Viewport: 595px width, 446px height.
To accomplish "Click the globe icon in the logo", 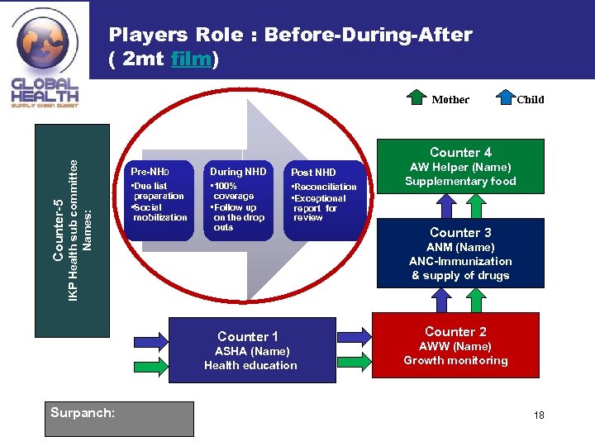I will [x=44, y=45].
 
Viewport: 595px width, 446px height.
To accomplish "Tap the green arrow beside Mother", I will [x=419, y=98].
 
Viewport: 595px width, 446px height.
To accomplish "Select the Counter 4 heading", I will [x=460, y=152].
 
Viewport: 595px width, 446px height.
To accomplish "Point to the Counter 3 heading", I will [x=460, y=233].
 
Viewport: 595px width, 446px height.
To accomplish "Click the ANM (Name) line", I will [x=460, y=248].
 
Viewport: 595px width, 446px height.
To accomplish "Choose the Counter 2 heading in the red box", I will [x=455, y=331].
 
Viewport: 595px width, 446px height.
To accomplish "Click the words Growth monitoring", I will [x=455, y=360].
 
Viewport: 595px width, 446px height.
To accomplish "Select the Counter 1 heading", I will [x=248, y=336].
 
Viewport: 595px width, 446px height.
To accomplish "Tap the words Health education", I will [x=250, y=365].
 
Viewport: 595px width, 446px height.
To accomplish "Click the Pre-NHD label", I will [x=148, y=172].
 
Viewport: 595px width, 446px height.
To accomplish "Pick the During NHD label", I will [x=238, y=172].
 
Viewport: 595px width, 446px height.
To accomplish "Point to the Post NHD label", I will [x=314, y=173].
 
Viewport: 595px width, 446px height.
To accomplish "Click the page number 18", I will [x=539, y=415].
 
